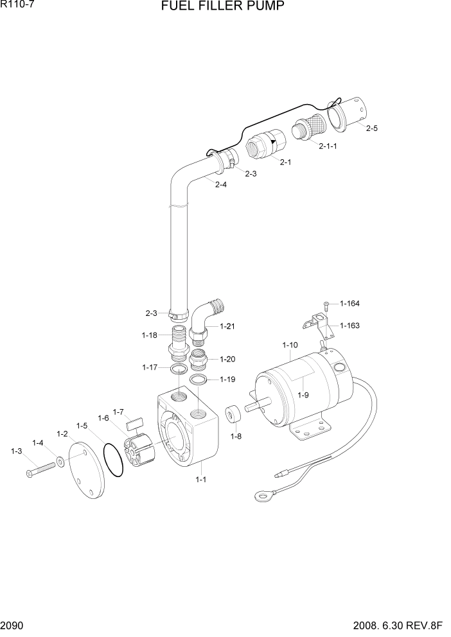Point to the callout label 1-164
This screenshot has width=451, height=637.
coord(349,304)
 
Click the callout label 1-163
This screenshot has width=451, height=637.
coord(349,326)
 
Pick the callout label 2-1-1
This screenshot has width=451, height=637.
coord(328,146)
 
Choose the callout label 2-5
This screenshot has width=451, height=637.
coord(371,128)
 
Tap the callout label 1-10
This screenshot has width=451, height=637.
coord(290,345)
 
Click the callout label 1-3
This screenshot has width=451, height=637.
coord(16,451)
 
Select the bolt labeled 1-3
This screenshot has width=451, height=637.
coord(40,468)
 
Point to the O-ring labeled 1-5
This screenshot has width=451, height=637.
coord(114,462)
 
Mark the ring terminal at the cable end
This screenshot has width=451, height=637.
coord(261,496)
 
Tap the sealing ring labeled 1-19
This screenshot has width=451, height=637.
coord(200,380)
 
